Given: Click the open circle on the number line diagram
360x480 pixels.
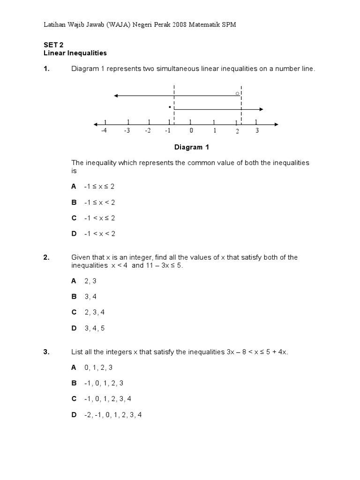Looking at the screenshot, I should (237, 94).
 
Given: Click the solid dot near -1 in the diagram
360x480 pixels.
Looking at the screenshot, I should (169, 107).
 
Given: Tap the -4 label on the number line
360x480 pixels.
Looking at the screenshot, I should (104, 131).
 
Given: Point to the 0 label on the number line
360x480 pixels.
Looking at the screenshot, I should (191, 131).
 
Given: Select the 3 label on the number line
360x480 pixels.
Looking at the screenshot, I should (257, 131).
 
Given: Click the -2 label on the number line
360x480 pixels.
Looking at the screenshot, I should (148, 131).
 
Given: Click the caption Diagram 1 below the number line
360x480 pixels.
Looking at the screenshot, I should (192, 147).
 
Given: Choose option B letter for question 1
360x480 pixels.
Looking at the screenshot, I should (74, 202).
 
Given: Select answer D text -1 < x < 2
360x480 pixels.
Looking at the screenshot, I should (99, 233).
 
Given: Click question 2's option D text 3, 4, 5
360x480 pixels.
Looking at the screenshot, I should (95, 328).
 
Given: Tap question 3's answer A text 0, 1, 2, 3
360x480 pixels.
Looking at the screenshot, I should (98, 367).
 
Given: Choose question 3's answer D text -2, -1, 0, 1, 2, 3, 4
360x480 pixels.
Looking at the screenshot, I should (113, 415).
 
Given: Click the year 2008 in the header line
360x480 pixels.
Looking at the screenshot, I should (179, 24).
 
